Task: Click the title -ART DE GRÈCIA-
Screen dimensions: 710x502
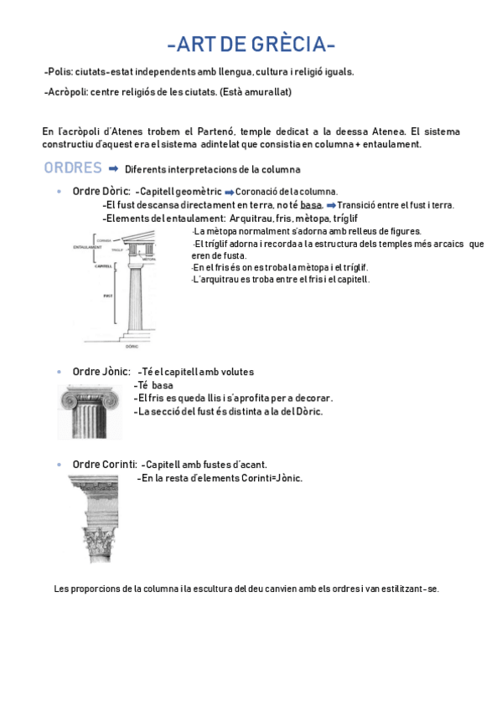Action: pos(251,44)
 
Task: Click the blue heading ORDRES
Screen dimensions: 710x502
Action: pos(73,168)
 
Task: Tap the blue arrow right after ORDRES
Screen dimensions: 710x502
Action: pos(113,168)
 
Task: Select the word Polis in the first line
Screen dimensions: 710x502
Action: pos(58,72)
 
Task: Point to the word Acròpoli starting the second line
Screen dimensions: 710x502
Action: pos(67,92)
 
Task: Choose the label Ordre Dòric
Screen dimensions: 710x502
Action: pos(101,191)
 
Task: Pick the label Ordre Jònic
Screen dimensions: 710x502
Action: pos(101,371)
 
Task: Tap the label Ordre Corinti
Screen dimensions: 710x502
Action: pos(105,464)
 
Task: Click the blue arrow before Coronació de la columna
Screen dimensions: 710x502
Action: pos(229,192)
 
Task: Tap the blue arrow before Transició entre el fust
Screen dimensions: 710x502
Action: pos(331,205)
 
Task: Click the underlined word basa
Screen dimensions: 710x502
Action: pos(311,205)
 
